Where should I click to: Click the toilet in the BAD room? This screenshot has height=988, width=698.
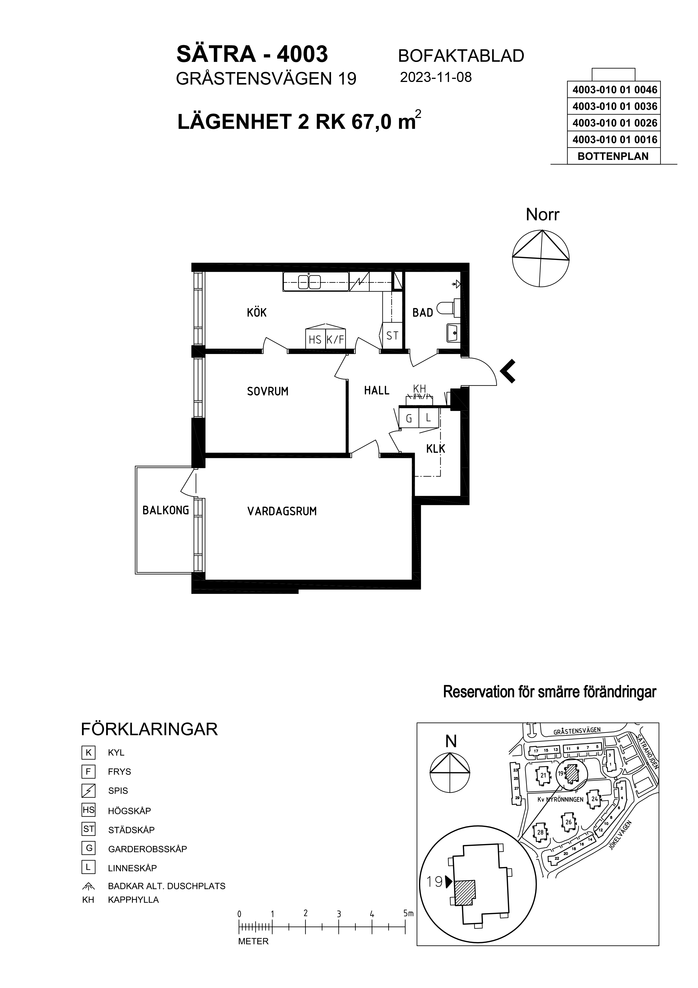[x=448, y=308]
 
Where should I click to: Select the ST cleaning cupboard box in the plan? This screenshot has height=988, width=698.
[x=392, y=336]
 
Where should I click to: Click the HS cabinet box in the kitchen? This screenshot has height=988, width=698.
[x=315, y=339]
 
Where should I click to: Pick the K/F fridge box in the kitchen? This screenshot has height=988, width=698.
[x=335, y=339]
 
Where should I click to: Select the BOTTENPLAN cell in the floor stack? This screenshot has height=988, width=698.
[x=613, y=156]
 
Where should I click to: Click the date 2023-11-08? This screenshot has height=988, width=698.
[x=436, y=77]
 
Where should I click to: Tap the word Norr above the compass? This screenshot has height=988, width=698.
[x=542, y=215]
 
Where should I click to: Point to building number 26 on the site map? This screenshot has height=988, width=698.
[x=568, y=822]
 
